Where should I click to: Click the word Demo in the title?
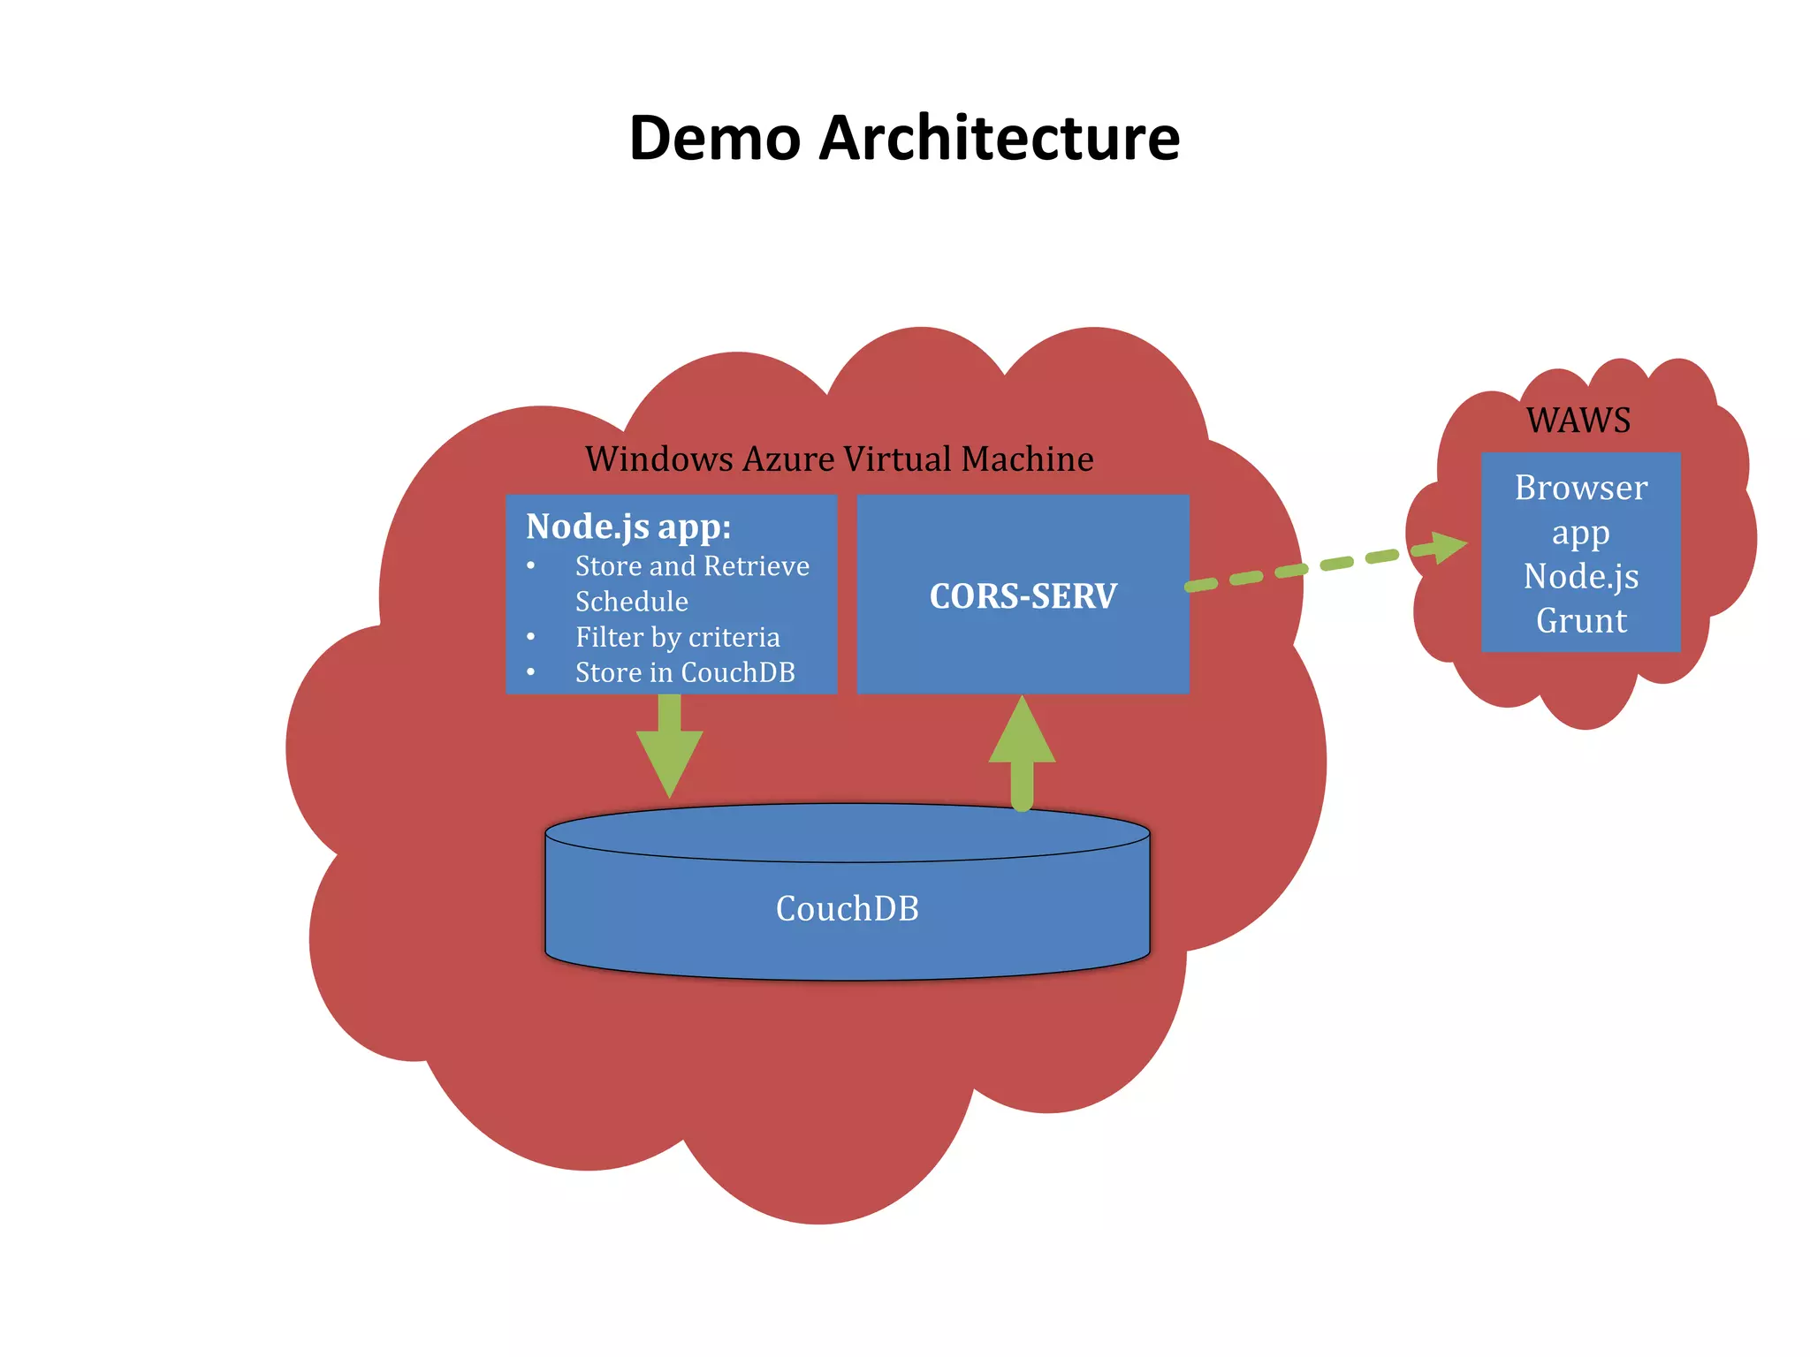coord(715,139)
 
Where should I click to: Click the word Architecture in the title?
coord(999,139)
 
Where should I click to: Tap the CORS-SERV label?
coord(1023,596)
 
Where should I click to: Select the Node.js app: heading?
coord(627,527)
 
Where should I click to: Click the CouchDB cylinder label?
coord(847,908)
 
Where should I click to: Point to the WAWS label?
coord(1578,421)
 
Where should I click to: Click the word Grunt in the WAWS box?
coord(1581,621)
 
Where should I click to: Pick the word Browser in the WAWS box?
coord(1581,488)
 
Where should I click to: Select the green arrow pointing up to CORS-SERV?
coord(1022,751)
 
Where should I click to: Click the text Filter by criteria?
coord(677,637)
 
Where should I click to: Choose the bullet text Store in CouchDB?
coord(685,672)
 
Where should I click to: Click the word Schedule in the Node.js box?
coord(631,602)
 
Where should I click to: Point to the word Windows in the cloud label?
coord(658,459)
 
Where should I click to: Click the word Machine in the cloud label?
coord(1027,459)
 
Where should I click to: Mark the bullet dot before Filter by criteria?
coord(530,637)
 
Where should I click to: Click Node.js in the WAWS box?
coord(1581,577)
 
